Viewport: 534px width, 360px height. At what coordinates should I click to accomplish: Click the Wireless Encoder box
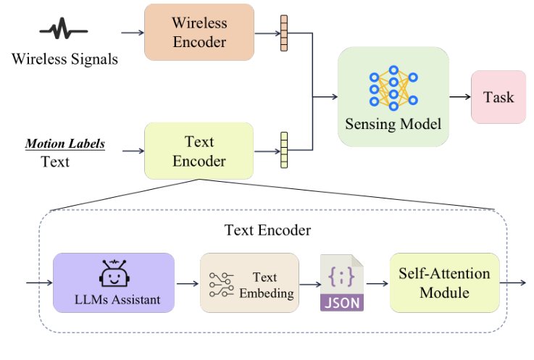(199, 32)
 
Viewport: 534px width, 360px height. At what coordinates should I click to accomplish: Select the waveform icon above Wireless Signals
(64, 31)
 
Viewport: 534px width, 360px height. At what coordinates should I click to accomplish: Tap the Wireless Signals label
(64, 58)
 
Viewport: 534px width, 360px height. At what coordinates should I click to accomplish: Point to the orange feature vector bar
(283, 33)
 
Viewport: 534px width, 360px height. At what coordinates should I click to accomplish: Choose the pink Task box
(498, 96)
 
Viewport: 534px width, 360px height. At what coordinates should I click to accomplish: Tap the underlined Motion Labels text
(65, 143)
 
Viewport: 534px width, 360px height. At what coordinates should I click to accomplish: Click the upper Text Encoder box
(199, 151)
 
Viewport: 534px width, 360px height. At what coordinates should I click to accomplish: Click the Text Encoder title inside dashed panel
(267, 230)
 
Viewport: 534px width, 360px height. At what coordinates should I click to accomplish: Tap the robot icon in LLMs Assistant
(113, 273)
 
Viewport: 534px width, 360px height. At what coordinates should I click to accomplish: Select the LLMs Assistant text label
(113, 299)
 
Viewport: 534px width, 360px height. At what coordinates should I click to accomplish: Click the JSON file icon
(342, 282)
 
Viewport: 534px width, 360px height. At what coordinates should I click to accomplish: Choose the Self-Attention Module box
(444, 282)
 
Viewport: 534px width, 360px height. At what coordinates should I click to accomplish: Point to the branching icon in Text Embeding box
(220, 282)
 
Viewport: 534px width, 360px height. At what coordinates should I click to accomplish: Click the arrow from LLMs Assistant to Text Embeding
(187, 282)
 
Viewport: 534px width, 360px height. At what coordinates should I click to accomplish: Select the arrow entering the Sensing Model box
(326, 96)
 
